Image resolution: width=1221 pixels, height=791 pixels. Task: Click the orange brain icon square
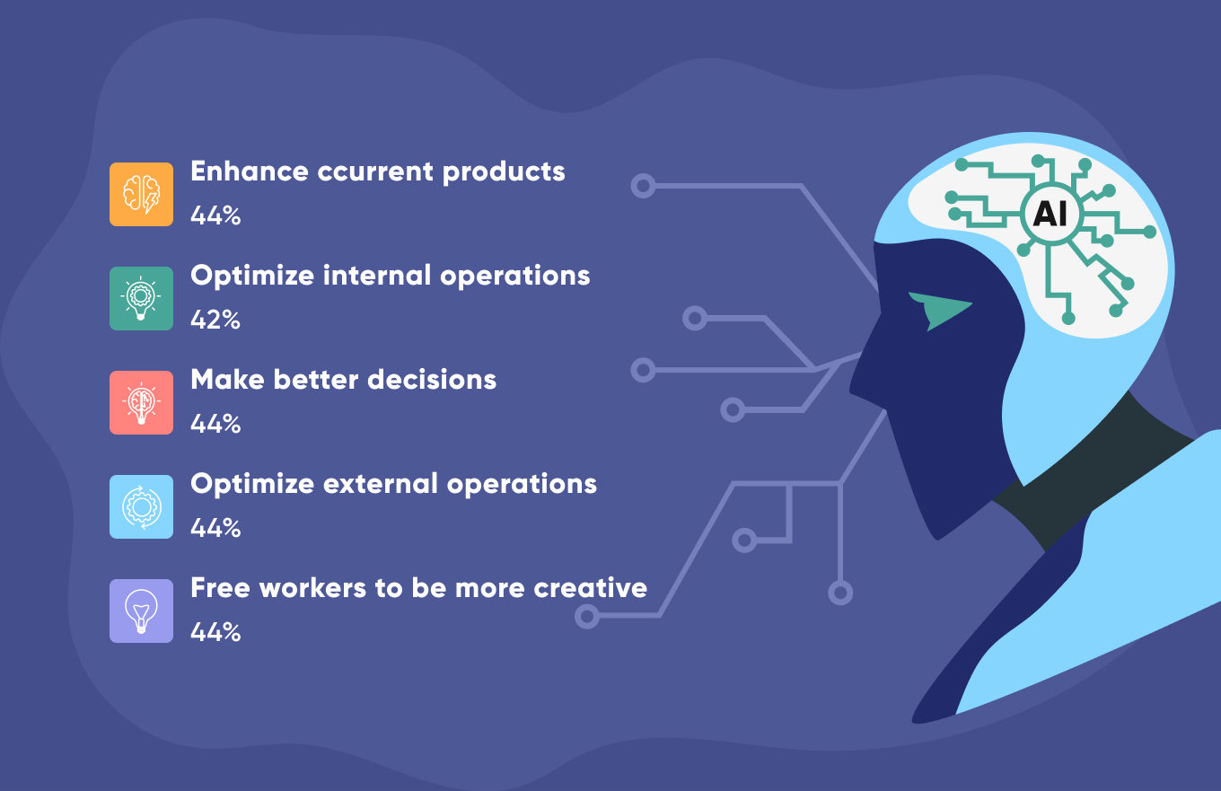click(141, 194)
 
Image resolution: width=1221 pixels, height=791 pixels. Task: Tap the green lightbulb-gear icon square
click(141, 298)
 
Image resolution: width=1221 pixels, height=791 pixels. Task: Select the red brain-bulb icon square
click(141, 402)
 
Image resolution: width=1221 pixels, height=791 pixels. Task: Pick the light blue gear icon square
click(141, 506)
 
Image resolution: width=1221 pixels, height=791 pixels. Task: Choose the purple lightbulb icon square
click(141, 611)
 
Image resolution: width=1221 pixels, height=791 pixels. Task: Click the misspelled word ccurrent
click(375, 172)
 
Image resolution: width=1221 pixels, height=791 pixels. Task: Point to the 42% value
click(215, 320)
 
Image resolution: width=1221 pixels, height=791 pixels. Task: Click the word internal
click(377, 276)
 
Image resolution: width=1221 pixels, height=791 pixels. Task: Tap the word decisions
click(432, 380)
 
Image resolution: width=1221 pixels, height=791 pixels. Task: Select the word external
click(381, 484)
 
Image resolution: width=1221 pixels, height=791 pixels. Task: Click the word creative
click(591, 588)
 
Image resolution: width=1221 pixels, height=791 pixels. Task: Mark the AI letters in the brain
click(1050, 214)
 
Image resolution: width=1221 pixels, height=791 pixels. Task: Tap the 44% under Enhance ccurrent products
click(215, 215)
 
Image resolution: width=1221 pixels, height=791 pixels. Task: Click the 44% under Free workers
click(215, 632)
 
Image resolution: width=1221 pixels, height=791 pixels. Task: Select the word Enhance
click(250, 171)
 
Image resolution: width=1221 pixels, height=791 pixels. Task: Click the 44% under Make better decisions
click(215, 424)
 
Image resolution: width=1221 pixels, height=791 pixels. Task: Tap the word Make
click(228, 380)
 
